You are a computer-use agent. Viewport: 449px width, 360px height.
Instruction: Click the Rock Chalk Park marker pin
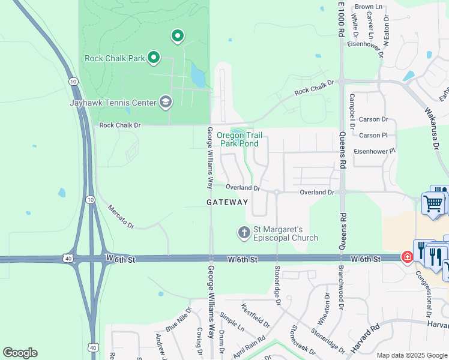pyautogui.click(x=154, y=58)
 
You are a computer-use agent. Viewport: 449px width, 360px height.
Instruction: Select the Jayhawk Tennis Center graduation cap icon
pyautogui.click(x=165, y=102)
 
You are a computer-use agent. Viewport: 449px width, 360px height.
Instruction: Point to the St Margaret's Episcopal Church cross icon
pyautogui.click(x=244, y=232)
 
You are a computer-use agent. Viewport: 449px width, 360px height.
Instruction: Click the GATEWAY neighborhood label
pyautogui.click(x=227, y=203)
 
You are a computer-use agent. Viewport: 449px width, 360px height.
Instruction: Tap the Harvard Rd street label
pyautogui.click(x=366, y=338)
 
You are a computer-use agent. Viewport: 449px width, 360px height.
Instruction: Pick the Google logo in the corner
pyautogui.click(x=20, y=353)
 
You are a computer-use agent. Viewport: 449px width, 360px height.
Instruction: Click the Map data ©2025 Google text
pyautogui.click(x=411, y=355)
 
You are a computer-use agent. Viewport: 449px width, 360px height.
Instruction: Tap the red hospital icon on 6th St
pyautogui.click(x=407, y=257)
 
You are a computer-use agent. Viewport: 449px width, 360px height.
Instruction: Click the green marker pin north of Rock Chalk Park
pyautogui.click(x=177, y=36)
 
